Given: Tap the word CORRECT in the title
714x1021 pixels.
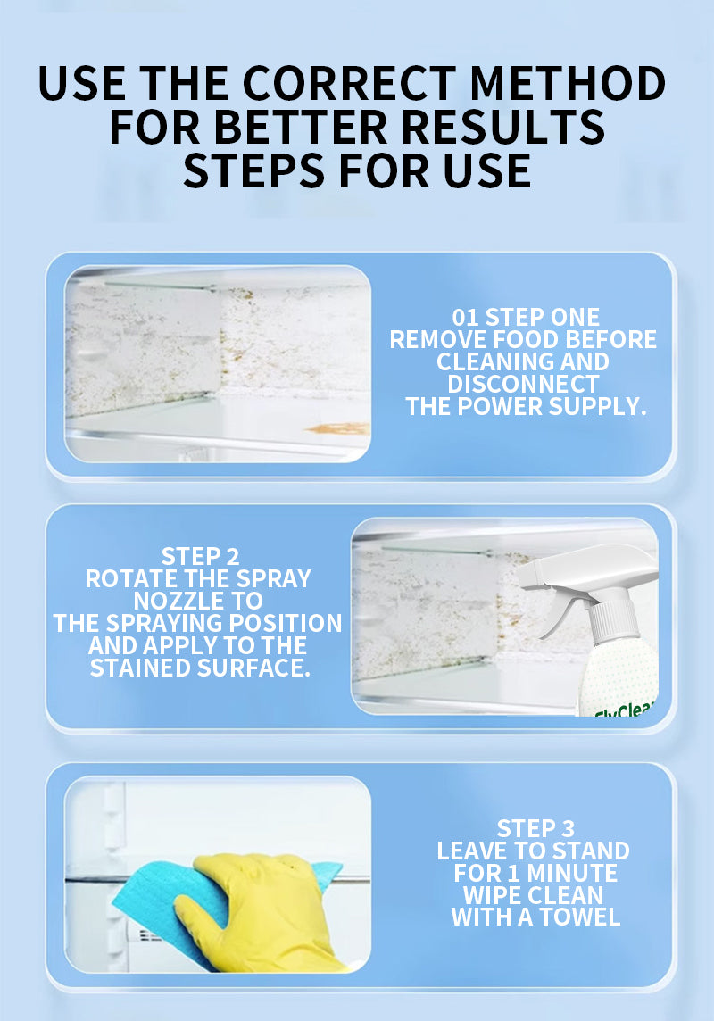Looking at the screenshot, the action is [349, 83].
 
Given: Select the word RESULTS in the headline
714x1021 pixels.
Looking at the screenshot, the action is [503, 127].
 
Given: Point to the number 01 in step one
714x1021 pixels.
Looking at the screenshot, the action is [465, 318].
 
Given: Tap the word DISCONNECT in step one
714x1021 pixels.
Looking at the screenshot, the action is [523, 384].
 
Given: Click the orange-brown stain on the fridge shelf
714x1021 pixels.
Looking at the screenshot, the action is [337, 427].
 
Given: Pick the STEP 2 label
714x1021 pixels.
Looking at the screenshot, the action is [201, 557].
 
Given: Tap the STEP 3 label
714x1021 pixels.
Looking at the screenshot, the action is [535, 829].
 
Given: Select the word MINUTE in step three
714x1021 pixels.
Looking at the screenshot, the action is [572, 873].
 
